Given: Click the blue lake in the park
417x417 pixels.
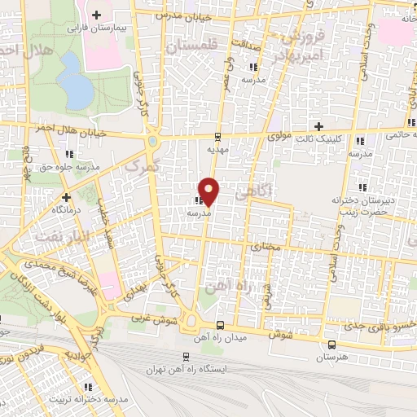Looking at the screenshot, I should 76,82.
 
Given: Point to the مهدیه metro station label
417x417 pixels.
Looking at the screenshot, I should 216,150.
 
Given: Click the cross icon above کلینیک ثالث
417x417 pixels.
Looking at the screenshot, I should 318,126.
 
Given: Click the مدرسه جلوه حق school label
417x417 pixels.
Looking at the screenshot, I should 71,166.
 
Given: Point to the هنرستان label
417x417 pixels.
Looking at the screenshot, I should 331,358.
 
